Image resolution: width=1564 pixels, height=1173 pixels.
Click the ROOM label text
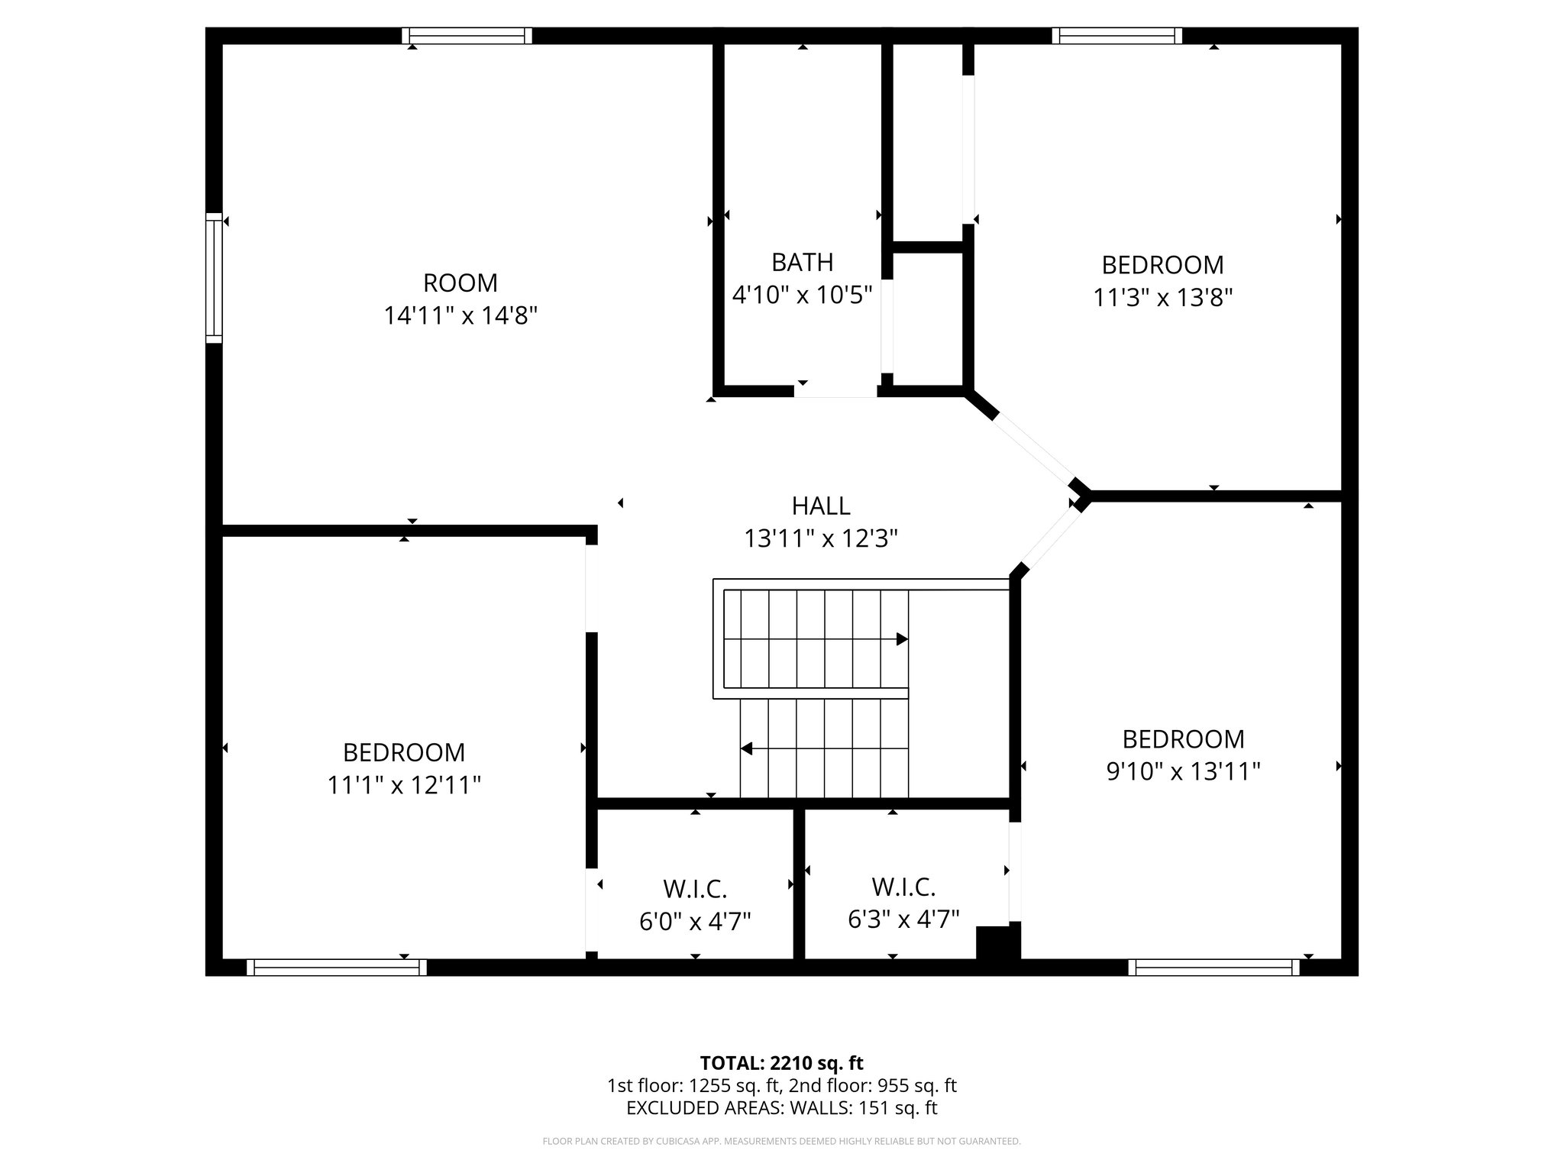(x=460, y=283)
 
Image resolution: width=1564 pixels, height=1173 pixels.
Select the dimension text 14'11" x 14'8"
(x=460, y=315)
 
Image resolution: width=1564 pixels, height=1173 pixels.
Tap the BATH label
(x=802, y=262)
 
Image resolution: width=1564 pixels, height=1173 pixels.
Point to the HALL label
(x=820, y=506)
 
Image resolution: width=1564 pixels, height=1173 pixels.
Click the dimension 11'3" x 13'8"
(x=1162, y=297)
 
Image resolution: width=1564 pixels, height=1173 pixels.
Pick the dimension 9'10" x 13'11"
(x=1183, y=771)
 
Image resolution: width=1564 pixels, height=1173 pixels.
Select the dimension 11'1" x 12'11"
(x=404, y=784)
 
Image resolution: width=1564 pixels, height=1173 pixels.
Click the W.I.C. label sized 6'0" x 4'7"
(x=694, y=889)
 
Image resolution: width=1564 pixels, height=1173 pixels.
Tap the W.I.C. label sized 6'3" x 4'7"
(x=903, y=887)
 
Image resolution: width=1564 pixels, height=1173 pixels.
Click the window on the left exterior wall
(x=214, y=278)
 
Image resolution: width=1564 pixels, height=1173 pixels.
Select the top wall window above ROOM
(x=467, y=36)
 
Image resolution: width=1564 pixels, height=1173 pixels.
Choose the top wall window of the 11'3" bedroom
(x=1116, y=36)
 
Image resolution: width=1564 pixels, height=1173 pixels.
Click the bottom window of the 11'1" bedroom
(x=337, y=968)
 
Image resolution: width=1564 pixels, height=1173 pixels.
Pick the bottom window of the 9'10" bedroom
(x=1213, y=968)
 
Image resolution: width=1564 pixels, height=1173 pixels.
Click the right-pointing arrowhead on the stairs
(x=902, y=639)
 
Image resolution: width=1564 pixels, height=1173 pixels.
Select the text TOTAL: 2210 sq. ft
(x=781, y=1063)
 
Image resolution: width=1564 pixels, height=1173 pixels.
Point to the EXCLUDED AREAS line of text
(x=781, y=1108)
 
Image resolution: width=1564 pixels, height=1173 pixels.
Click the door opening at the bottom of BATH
(x=835, y=392)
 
